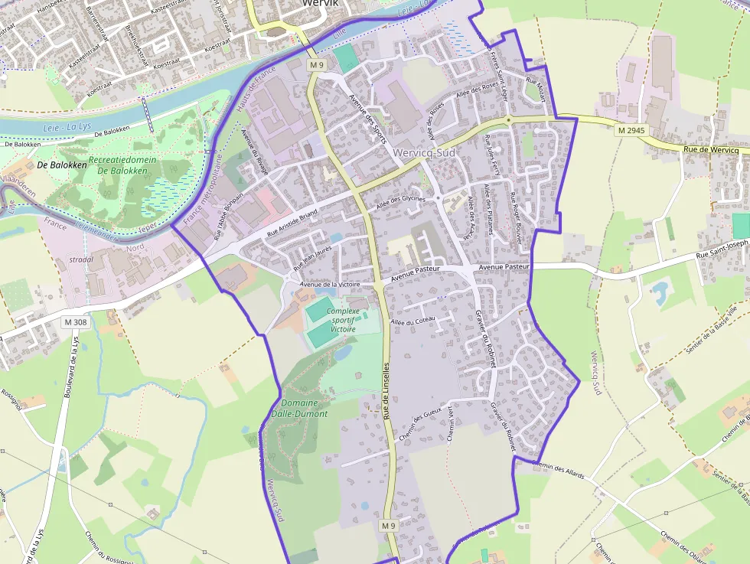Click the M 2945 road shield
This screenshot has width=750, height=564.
(x=632, y=131)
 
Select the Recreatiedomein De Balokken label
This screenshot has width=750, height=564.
(x=122, y=165)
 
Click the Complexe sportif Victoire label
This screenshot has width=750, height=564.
(x=343, y=320)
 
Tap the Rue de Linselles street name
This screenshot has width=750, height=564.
(x=388, y=390)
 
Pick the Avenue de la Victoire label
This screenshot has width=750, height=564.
(x=330, y=285)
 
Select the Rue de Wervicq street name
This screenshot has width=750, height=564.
(x=711, y=150)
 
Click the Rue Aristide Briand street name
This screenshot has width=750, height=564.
(x=292, y=223)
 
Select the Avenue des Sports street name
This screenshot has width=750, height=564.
(x=367, y=113)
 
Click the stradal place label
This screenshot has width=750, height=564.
(x=82, y=259)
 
